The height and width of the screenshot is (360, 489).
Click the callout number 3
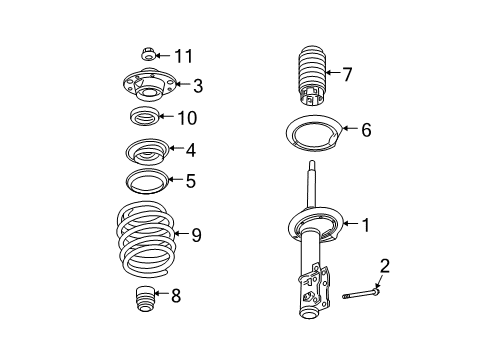pos(198,86)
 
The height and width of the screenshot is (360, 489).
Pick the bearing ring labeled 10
pos(146,119)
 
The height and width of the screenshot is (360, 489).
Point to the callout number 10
pos(186,118)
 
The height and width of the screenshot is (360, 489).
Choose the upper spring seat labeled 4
pos(144,153)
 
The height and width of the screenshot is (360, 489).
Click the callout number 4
pos(191,151)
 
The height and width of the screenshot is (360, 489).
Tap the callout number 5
pos(190,181)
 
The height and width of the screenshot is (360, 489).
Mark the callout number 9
pos(196,236)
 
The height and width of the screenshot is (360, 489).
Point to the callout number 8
pos(176,295)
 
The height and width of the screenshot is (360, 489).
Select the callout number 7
pos(348,73)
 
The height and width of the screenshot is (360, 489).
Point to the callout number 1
pos(366,225)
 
